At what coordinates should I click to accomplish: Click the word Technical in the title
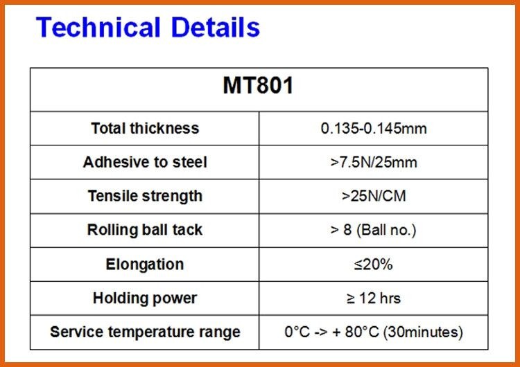[x=98, y=27]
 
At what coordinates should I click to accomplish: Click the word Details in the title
[x=216, y=27]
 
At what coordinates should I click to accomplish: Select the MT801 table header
[x=258, y=86]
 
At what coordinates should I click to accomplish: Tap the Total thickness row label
[x=145, y=128]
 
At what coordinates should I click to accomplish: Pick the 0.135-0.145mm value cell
[x=374, y=129]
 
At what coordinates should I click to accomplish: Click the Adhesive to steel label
[x=145, y=162]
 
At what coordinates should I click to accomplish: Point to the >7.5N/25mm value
[x=374, y=163]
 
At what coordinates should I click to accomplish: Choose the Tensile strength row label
[x=145, y=196]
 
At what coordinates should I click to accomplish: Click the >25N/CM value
[x=374, y=196]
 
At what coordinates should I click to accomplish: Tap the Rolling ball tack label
[x=145, y=230]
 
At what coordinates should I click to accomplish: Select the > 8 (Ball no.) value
[x=374, y=230]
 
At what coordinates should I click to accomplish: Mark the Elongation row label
[x=145, y=265]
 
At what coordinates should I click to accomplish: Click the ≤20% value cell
[x=374, y=265]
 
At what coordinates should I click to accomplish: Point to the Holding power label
[x=145, y=298]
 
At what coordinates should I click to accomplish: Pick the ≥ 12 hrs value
[x=374, y=298]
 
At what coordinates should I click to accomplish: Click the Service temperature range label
[x=145, y=332]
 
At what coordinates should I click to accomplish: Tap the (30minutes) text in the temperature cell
[x=423, y=332]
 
